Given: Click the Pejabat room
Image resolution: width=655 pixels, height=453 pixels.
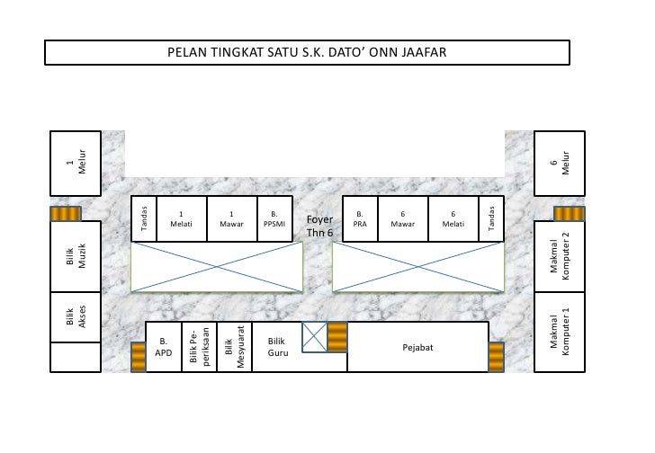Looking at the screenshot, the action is pyautogui.click(x=417, y=347).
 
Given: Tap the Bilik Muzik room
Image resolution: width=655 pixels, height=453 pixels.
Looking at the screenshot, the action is pyautogui.click(x=76, y=256).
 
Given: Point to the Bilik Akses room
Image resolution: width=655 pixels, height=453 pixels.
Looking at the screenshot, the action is pyautogui.click(x=76, y=317).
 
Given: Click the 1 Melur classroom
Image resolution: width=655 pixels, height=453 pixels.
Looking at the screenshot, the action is pyautogui.click(x=76, y=163).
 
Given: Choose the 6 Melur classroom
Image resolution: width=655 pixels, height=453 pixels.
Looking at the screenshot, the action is pyautogui.click(x=560, y=163).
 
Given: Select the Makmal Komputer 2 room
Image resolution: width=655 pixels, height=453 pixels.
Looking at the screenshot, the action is pyautogui.click(x=560, y=256).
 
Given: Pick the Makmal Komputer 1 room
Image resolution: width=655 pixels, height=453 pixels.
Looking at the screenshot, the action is pyautogui.click(x=560, y=332).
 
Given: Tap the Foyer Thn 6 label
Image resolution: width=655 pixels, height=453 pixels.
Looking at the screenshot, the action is pyautogui.click(x=319, y=226).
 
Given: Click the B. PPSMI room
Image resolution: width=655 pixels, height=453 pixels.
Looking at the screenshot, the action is pyautogui.click(x=274, y=218).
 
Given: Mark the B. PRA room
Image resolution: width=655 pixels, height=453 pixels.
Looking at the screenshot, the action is pyautogui.click(x=360, y=218).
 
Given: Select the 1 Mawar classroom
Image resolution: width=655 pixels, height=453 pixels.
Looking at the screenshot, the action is pyautogui.click(x=232, y=218).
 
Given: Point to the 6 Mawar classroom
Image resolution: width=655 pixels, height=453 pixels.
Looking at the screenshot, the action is pyautogui.click(x=403, y=218).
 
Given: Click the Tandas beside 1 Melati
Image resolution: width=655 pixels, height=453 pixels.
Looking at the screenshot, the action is pyautogui.click(x=144, y=218).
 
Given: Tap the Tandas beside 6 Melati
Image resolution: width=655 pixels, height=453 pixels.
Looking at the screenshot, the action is pyautogui.click(x=491, y=218).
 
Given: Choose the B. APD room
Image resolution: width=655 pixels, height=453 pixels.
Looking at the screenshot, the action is pyautogui.click(x=164, y=347).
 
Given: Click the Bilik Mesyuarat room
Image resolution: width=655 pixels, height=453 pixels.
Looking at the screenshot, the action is pyautogui.click(x=234, y=347).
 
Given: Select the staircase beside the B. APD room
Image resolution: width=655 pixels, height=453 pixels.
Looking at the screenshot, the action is pyautogui.click(x=139, y=357).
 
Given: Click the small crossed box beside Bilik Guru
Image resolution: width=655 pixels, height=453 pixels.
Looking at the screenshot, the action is pyautogui.click(x=315, y=337).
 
